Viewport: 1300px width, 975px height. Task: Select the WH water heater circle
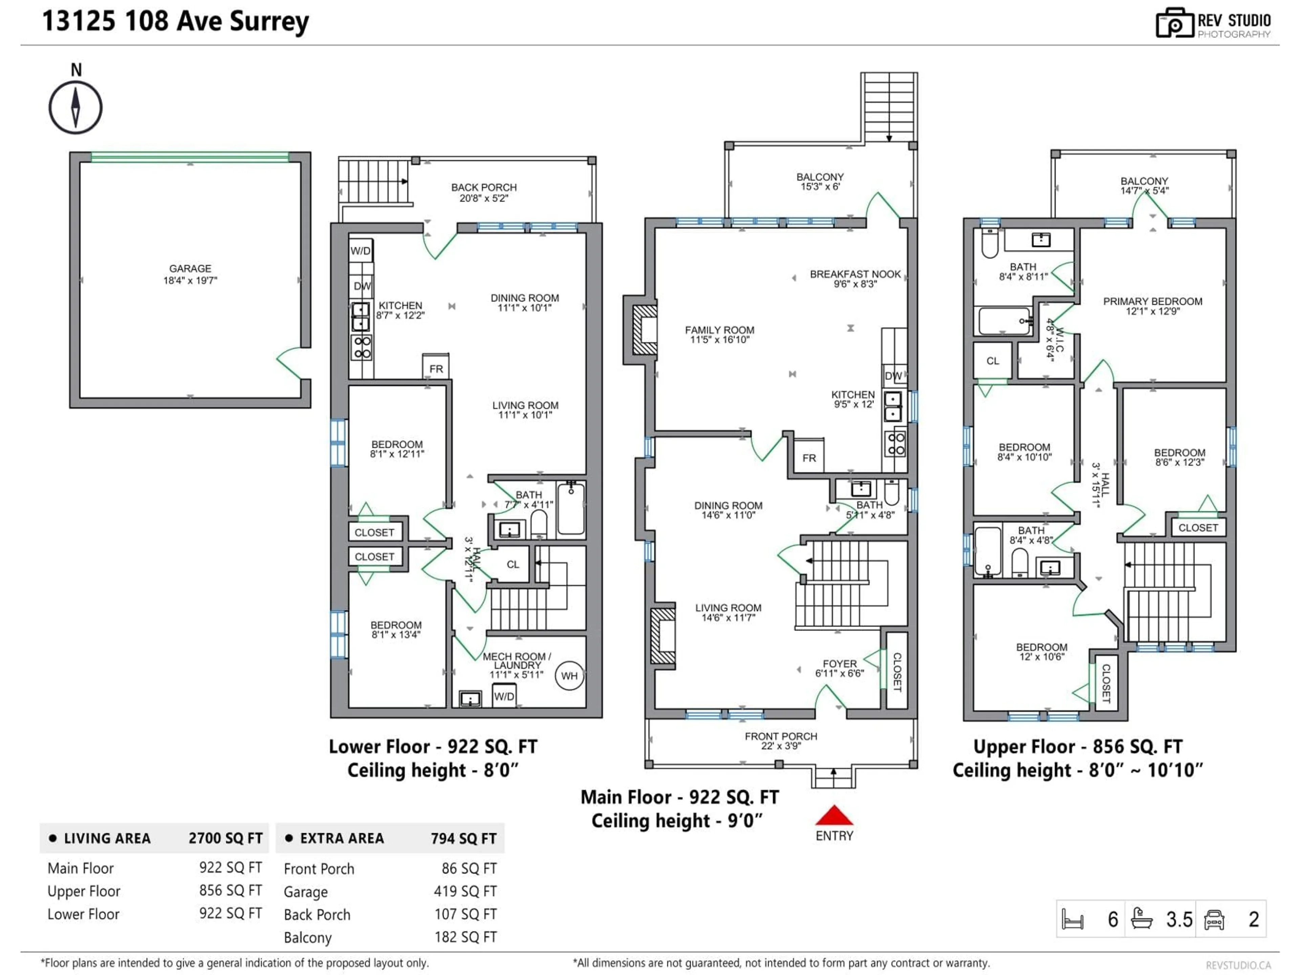(x=569, y=676)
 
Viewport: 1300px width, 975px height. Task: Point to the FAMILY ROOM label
(x=719, y=334)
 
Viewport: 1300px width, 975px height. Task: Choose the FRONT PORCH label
(x=780, y=740)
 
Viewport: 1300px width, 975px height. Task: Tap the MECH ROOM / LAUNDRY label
(x=517, y=665)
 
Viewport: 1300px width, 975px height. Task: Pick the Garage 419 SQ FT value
(x=465, y=891)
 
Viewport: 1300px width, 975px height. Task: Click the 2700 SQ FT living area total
(x=225, y=839)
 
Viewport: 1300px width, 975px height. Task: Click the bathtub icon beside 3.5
(x=1141, y=918)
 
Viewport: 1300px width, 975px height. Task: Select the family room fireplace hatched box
(x=645, y=330)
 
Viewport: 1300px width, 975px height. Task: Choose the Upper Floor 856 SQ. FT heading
(x=1077, y=746)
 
